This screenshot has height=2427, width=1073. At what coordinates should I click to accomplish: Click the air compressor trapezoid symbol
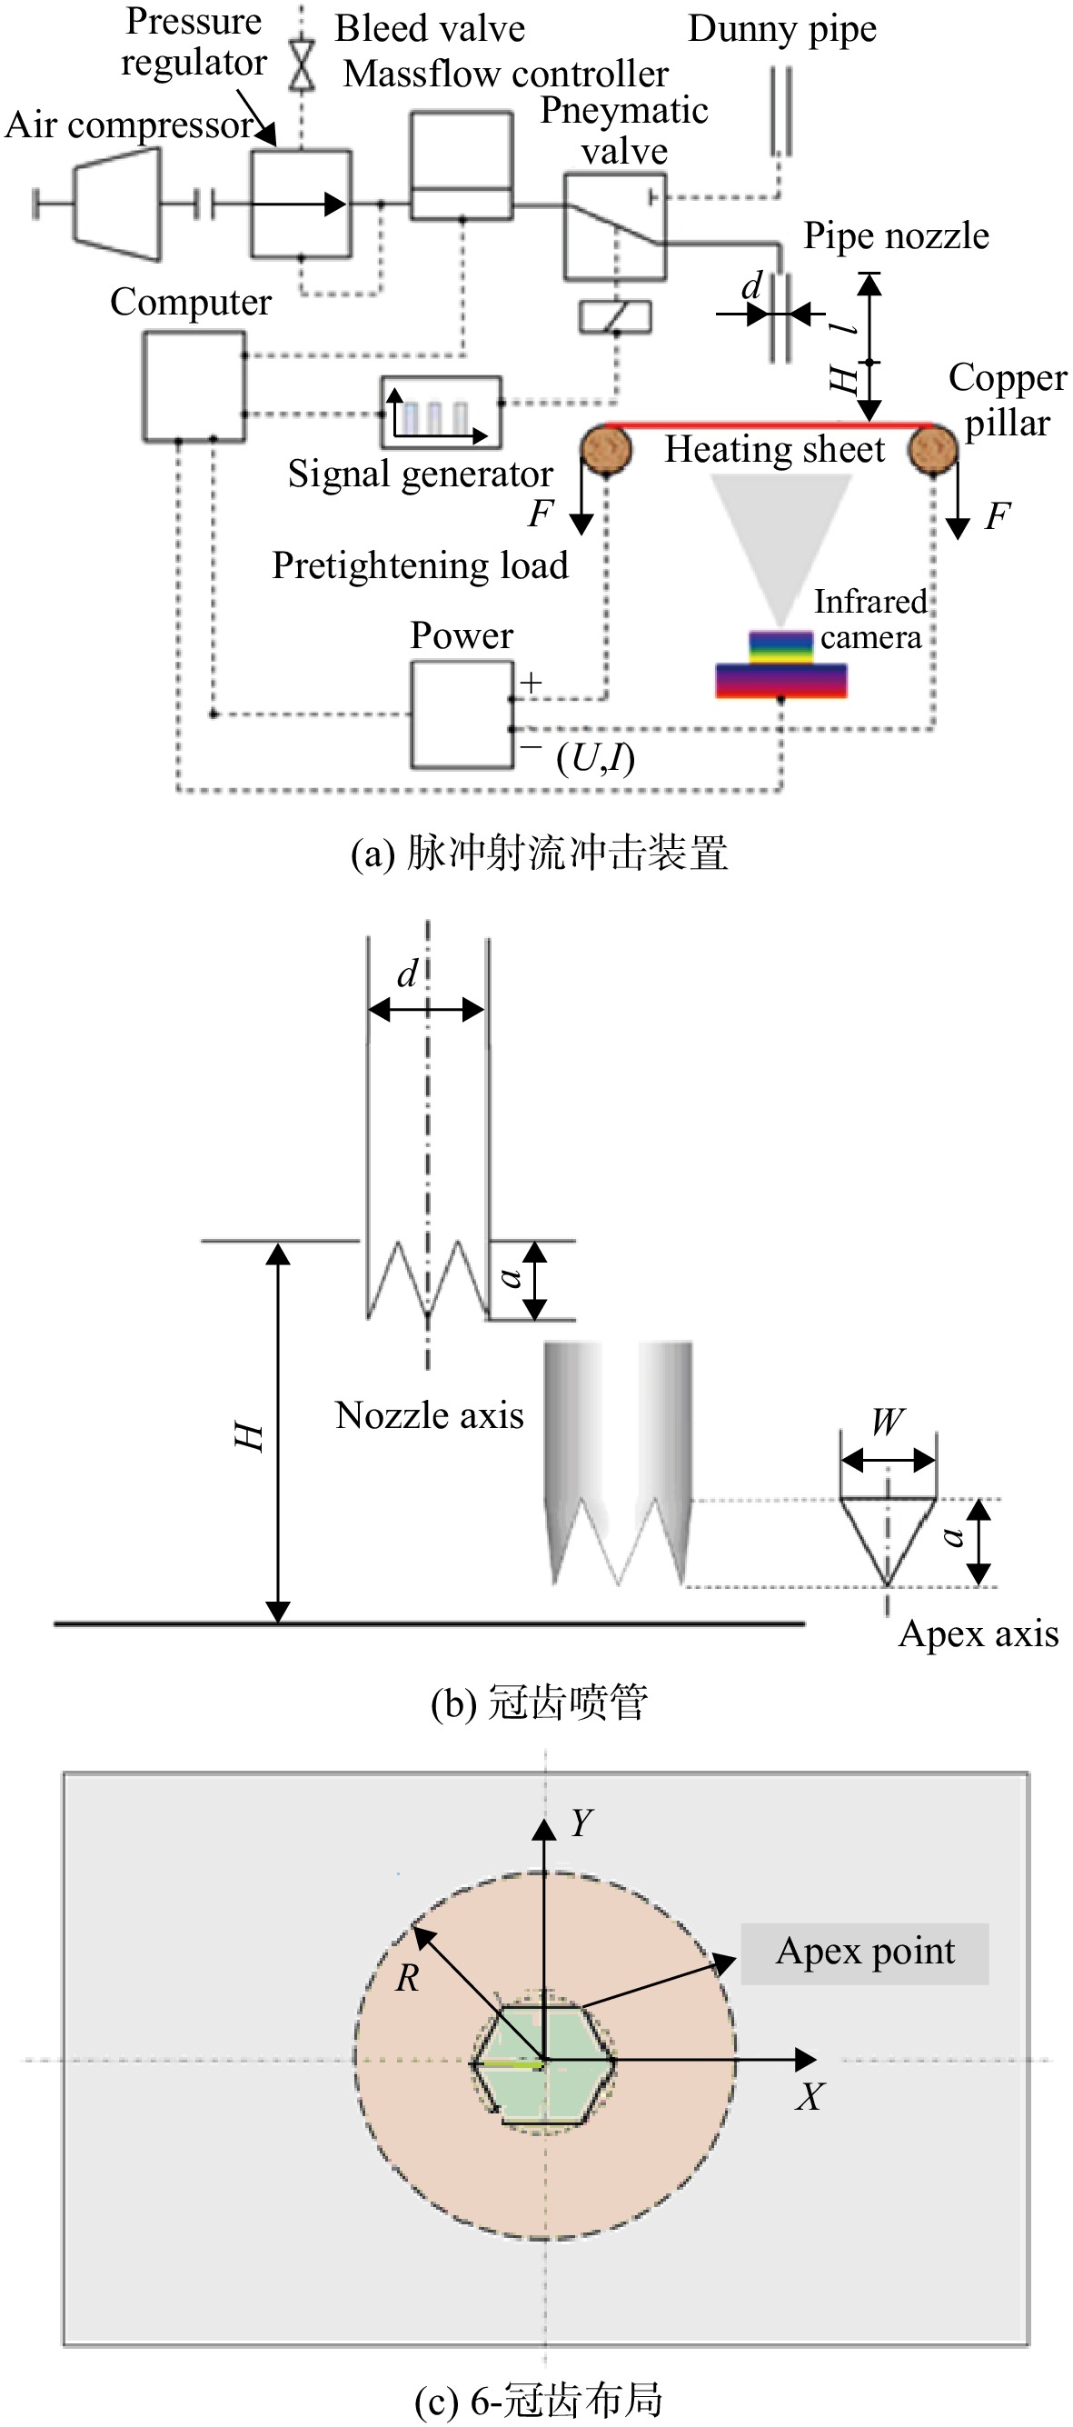117,204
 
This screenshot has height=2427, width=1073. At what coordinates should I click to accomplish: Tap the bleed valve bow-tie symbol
302,66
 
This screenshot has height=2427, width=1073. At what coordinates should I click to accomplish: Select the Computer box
194,386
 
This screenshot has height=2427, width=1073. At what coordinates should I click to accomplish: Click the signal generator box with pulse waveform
441,412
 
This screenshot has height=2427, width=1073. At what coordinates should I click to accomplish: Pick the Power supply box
462,715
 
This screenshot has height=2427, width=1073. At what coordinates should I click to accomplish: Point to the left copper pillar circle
606,449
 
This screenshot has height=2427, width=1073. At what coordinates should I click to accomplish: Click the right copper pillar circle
933,448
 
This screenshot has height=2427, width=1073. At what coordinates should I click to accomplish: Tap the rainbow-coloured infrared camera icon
781,664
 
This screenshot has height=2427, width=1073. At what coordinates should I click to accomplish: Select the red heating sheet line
769,425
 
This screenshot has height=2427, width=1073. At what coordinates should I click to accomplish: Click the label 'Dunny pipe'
782,29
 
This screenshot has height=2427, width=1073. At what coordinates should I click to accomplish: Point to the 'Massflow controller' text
506,74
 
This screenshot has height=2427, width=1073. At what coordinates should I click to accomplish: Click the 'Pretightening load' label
420,565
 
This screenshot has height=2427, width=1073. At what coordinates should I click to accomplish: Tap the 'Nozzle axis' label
430,1415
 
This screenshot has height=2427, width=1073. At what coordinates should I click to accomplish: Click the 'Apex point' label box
865,1953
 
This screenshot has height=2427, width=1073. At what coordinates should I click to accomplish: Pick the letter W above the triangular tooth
888,1421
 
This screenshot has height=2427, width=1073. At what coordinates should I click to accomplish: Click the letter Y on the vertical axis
581,1823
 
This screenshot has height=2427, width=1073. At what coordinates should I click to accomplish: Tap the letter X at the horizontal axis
810,2096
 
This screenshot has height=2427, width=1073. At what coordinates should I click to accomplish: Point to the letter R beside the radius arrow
407,1978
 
